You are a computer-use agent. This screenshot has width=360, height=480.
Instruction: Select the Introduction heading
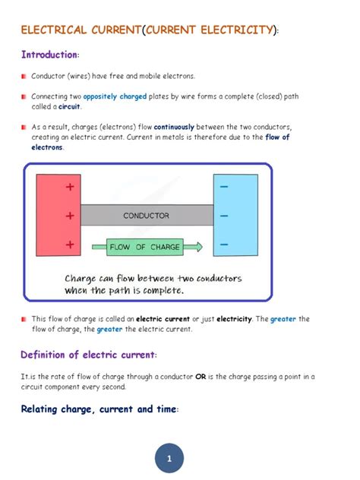click(x=49, y=55)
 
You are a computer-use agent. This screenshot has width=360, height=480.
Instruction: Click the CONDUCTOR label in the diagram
click(x=146, y=216)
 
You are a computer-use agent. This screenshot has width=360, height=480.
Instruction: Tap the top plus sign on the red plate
click(x=70, y=186)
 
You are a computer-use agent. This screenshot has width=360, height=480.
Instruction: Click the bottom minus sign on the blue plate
click(x=224, y=245)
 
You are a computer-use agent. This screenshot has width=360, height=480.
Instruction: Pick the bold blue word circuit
click(x=69, y=107)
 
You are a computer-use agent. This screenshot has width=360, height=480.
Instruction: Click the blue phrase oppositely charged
click(x=115, y=97)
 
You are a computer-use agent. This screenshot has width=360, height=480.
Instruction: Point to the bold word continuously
click(x=178, y=128)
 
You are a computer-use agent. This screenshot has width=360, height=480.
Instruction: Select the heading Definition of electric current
click(x=89, y=355)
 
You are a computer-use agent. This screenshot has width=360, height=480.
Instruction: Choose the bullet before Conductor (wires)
click(x=24, y=77)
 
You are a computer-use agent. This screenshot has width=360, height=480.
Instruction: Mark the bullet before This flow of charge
click(x=24, y=320)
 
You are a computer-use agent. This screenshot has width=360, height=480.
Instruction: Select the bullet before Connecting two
click(x=24, y=97)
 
